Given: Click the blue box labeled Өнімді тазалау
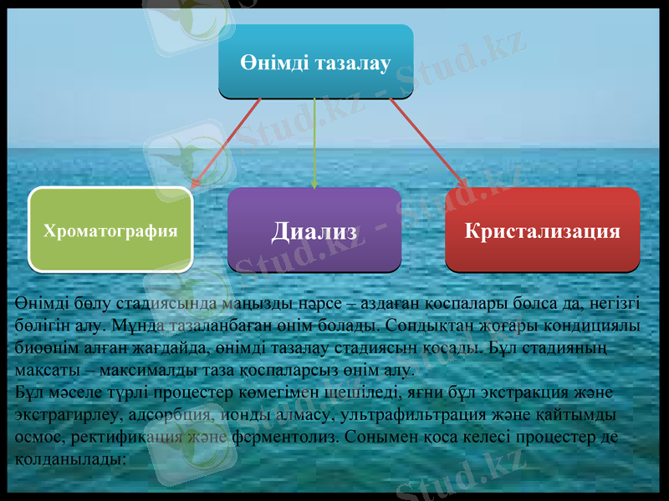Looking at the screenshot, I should [315, 62].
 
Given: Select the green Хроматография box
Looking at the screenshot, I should [110, 230].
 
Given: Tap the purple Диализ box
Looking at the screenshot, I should [314, 230].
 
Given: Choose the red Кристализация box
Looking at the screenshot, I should [542, 230].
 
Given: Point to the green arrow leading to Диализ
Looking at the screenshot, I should [314, 142].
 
